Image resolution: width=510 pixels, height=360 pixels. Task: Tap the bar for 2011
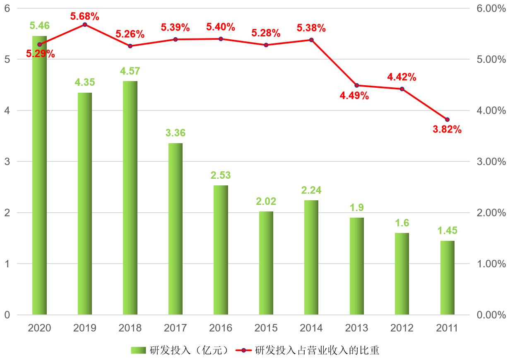click(447, 278)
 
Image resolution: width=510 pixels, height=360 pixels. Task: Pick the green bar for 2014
click(311, 257)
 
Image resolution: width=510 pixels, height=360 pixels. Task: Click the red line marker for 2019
click(85, 24)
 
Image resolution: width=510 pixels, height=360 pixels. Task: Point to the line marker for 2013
click(357, 85)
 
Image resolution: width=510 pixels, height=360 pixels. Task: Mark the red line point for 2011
click(447, 120)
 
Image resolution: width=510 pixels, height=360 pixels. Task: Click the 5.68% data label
click(85, 17)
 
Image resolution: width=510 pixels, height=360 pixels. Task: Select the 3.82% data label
click(447, 130)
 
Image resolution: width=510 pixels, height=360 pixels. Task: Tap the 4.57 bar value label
click(130, 71)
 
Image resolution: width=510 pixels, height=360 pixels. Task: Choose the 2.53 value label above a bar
click(221, 175)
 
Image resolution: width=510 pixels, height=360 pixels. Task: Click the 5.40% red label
click(221, 27)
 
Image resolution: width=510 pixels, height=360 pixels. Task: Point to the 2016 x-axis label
click(221, 328)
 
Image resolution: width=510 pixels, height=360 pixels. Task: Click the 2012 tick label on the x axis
click(402, 328)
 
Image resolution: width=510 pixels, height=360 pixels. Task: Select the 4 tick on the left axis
click(7, 110)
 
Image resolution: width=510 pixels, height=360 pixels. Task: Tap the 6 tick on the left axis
click(7, 8)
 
